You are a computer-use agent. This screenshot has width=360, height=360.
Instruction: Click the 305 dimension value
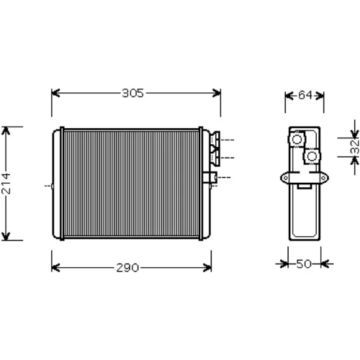click(132, 93)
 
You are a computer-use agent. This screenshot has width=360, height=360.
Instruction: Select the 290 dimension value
click(127, 268)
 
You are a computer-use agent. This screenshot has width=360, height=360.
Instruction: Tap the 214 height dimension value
click(6, 183)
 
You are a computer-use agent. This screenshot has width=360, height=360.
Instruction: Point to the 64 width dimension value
click(305, 95)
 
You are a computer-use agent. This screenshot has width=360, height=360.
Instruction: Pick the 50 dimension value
click(304, 264)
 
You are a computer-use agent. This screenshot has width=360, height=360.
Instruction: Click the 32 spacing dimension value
click(355, 147)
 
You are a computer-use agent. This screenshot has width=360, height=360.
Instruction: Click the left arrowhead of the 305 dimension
click(55, 93)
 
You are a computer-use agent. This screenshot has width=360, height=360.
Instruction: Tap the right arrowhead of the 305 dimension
click(217, 93)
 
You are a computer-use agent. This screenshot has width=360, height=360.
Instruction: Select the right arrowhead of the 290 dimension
click(207, 268)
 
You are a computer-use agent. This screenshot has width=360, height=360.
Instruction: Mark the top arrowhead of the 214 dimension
click(6, 131)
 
